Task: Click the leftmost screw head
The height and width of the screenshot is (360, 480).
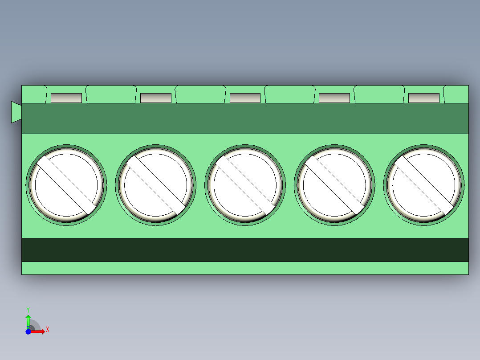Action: click(x=66, y=185)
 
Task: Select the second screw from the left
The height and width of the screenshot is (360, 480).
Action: click(x=155, y=185)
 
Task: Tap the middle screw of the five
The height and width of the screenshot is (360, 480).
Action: click(x=245, y=185)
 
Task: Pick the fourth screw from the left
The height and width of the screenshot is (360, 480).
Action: click(x=334, y=185)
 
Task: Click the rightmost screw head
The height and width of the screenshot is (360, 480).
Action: click(x=423, y=185)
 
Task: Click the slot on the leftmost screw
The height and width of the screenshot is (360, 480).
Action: click(x=67, y=184)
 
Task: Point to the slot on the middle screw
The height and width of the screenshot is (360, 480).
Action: click(x=245, y=184)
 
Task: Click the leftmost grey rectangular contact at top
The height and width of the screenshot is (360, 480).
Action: click(x=66, y=98)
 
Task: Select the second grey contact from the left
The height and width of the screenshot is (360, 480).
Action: click(x=156, y=98)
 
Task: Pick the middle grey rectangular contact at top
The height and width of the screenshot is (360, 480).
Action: click(x=245, y=98)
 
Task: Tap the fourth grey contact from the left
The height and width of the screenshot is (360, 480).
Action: click(x=334, y=98)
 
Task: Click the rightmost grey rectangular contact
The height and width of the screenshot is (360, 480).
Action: click(x=424, y=98)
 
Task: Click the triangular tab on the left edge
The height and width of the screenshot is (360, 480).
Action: click(x=16, y=112)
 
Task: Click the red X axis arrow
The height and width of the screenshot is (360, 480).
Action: click(x=39, y=331)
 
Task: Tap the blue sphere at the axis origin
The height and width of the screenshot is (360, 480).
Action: click(x=28, y=331)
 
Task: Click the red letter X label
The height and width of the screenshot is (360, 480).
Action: click(x=48, y=330)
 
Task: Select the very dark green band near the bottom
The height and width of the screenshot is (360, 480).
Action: click(x=245, y=250)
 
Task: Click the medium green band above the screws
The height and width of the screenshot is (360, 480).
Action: click(x=245, y=119)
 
